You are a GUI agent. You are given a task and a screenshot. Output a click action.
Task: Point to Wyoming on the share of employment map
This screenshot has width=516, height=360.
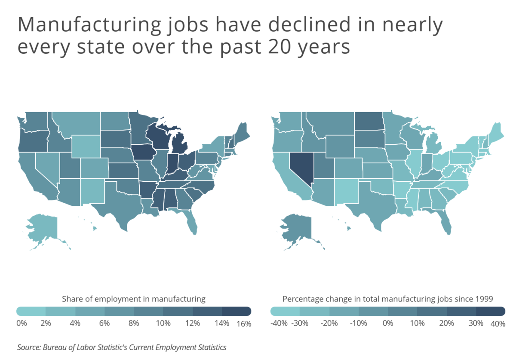pyautogui.click(x=85, y=146)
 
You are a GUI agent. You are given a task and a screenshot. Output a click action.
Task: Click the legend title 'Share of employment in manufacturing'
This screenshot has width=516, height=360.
pyautogui.click(x=133, y=299)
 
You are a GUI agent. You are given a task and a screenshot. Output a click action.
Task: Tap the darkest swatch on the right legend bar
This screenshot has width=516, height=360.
pyautogui.click(x=490, y=311)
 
